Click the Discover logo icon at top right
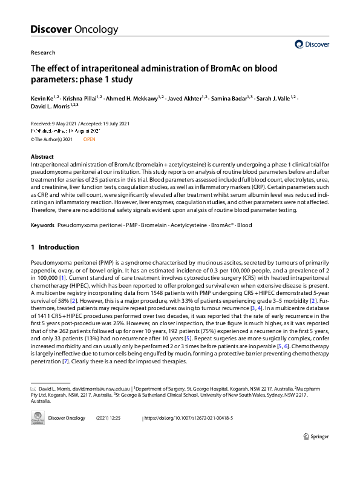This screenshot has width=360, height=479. [x=299, y=44]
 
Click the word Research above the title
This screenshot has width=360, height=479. [x=42, y=53]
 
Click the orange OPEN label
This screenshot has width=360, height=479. [x=90, y=139]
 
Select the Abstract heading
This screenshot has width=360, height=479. [x=42, y=157]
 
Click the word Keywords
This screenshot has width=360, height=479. [x=42, y=225]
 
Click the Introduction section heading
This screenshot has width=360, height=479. [x=58, y=247]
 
